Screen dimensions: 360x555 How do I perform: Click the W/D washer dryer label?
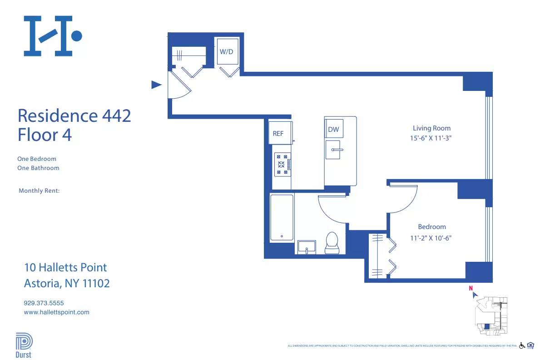pyautogui.click(x=226, y=51)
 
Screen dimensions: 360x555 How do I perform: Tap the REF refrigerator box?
pyautogui.click(x=278, y=133)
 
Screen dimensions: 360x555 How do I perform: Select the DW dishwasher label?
pyautogui.click(x=333, y=130)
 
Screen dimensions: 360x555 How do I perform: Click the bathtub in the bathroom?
pyautogui.click(x=282, y=217)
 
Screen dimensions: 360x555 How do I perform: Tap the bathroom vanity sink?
pyautogui.click(x=308, y=247)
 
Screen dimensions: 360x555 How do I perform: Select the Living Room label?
pyautogui.click(x=431, y=128)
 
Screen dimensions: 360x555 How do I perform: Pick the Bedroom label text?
pyautogui.click(x=432, y=227)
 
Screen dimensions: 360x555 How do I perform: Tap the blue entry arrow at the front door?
pyautogui.click(x=156, y=85)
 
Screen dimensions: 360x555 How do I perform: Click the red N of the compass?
pyautogui.click(x=471, y=288)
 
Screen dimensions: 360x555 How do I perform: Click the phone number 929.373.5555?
pyautogui.click(x=44, y=303)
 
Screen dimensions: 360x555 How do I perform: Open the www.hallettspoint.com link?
pyautogui.click(x=56, y=312)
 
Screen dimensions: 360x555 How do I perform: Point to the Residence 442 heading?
pyautogui.click(x=74, y=115)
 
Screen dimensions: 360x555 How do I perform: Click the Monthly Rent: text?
pyautogui.click(x=39, y=191)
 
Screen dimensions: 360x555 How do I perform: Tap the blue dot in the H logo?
pyautogui.click(x=77, y=35)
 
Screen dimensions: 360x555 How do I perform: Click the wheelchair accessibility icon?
pyautogui.click(x=522, y=345)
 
